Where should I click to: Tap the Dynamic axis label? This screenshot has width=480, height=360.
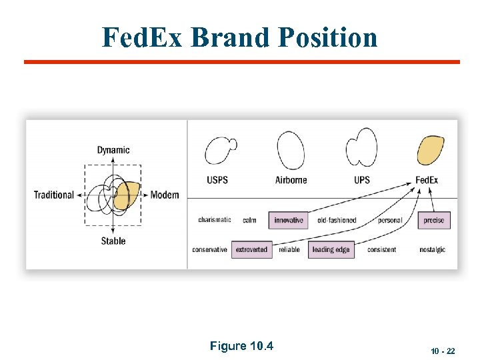tap(113, 150)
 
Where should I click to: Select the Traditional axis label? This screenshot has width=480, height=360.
tap(54, 195)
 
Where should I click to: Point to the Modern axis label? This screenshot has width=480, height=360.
tap(165, 195)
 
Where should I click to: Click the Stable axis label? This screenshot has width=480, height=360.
tap(113, 241)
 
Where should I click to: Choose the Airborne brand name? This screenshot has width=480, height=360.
tap(291, 180)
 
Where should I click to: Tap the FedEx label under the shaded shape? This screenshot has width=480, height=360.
tap(427, 180)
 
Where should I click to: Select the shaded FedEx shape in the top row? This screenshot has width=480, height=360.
tap(430, 151)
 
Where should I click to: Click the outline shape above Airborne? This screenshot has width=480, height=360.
tap(291, 151)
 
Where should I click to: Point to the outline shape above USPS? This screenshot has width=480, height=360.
tap(220, 151)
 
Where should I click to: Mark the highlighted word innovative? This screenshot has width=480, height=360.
tap(289, 220)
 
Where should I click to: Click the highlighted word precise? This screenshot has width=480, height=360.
tap(434, 220)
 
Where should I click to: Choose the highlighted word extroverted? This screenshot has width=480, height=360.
tap(251, 249)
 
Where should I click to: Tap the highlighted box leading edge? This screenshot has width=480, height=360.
tap(331, 249)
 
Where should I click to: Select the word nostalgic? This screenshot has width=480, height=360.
tap(433, 249)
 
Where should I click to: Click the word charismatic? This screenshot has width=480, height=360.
tap(215, 220)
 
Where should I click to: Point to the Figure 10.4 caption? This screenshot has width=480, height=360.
tap(241, 346)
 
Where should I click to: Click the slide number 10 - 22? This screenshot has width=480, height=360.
tap(443, 351)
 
